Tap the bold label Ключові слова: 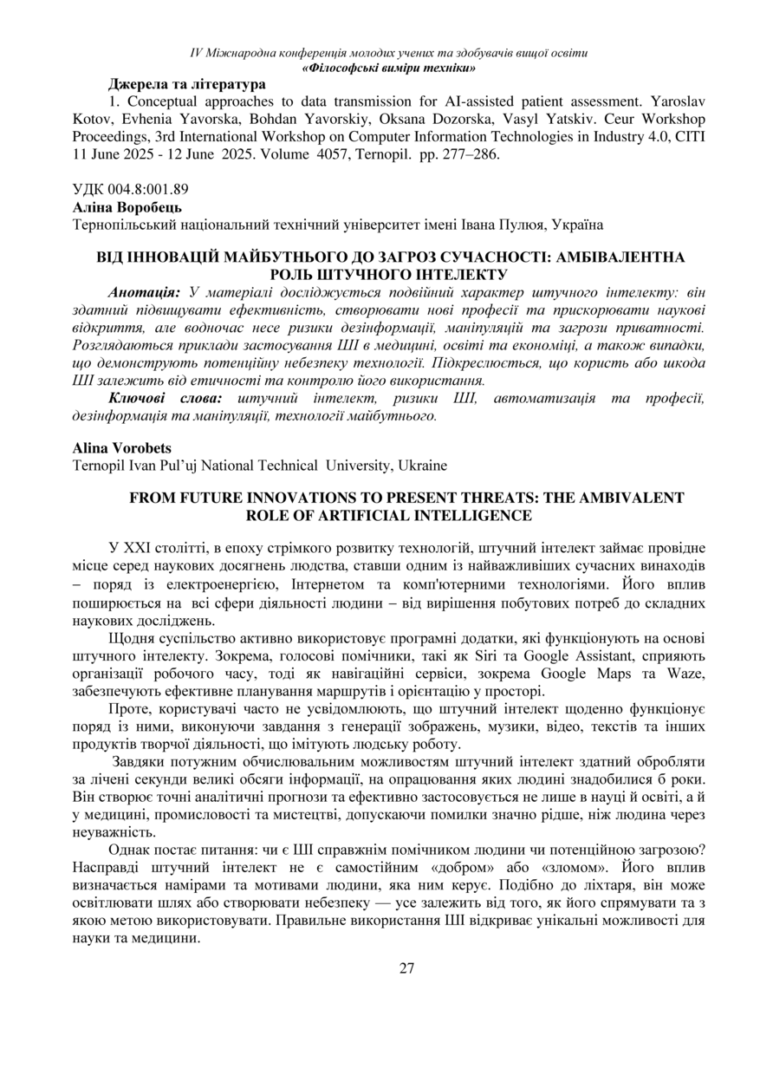click(166, 397)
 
